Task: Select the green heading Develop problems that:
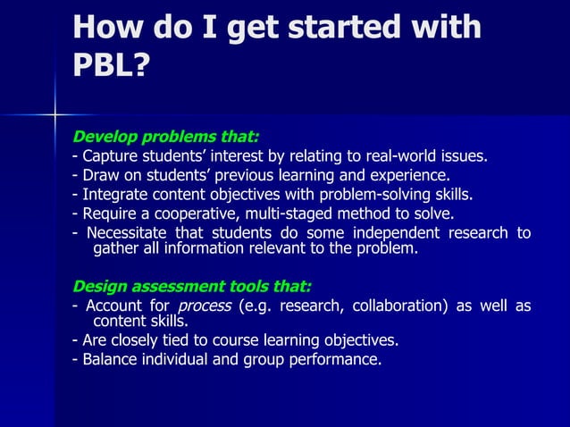[x=165, y=138]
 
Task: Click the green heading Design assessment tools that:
[x=191, y=287]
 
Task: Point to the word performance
[x=335, y=360]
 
